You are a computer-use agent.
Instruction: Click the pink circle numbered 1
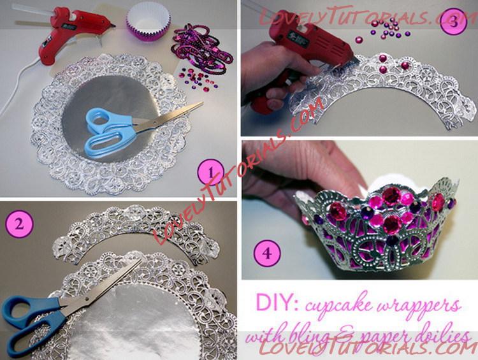[211, 173]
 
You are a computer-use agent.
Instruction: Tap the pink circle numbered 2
[19, 224]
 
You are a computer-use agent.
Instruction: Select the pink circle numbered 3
[453, 22]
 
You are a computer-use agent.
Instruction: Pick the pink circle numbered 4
[267, 253]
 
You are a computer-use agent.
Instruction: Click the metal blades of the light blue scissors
[168, 117]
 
